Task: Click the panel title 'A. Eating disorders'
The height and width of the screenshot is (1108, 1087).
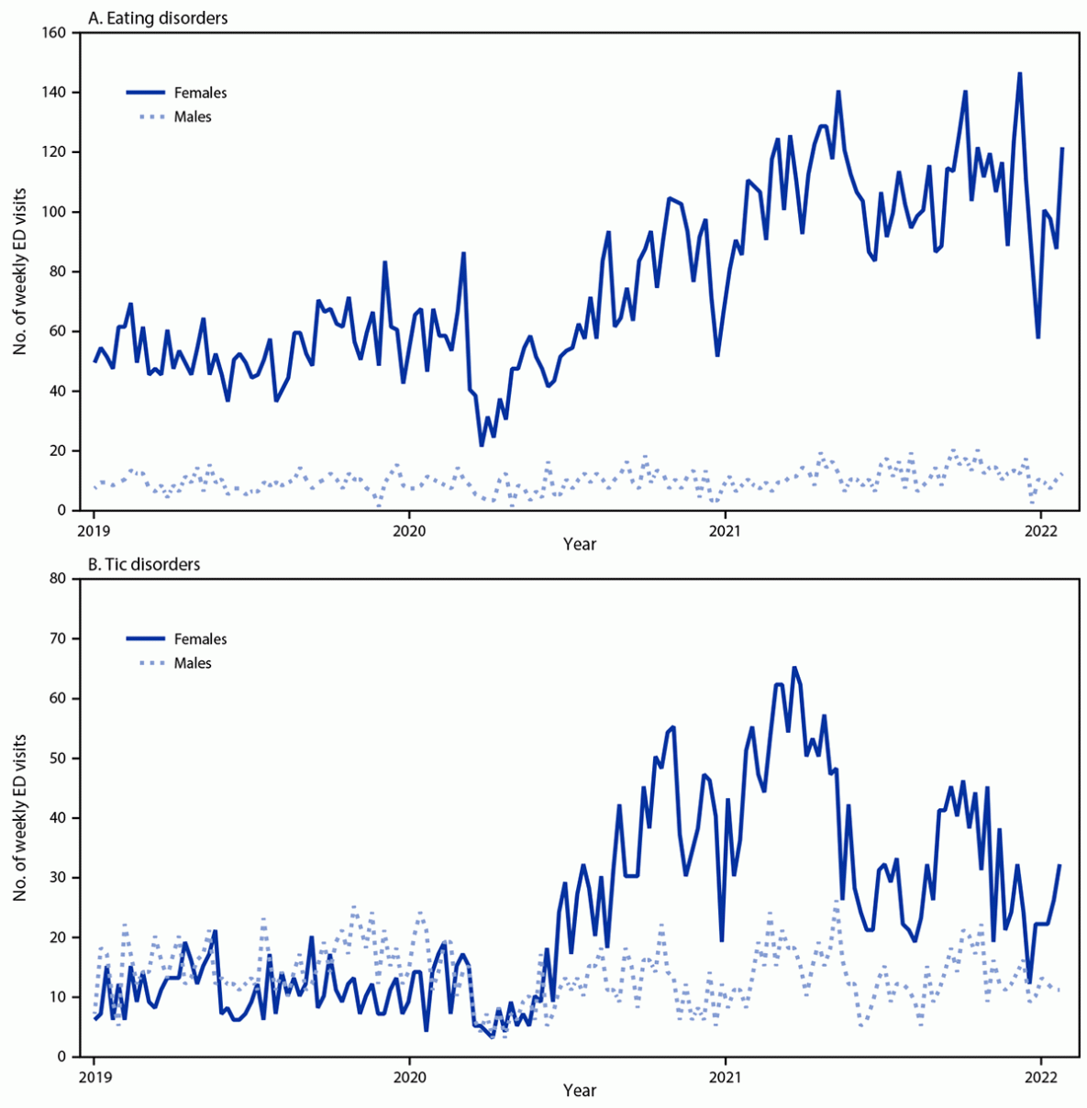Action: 157,17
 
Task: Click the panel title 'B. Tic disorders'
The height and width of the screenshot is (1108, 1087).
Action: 143,564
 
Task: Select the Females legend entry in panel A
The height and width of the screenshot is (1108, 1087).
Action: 200,93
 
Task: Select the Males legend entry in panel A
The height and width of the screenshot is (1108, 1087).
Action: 193,116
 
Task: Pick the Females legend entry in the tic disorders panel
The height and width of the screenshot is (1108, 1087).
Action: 200,639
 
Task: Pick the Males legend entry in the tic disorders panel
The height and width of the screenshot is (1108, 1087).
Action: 193,663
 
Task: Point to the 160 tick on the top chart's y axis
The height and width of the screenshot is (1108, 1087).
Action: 55,33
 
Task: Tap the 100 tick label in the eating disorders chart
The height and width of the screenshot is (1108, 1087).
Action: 55,212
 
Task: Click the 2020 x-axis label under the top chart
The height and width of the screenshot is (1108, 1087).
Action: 409,529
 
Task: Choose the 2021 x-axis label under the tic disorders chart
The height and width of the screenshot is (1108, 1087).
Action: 725,1075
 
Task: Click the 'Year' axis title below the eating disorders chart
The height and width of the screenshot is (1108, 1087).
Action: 580,545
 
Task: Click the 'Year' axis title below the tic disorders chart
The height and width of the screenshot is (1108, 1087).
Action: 580,1091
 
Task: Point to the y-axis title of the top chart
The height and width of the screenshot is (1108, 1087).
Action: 20,271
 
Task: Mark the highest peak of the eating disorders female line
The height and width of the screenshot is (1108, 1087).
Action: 1019,73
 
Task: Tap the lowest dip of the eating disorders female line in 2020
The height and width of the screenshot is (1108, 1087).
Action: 482,445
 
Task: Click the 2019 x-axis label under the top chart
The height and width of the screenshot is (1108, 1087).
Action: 94,529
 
